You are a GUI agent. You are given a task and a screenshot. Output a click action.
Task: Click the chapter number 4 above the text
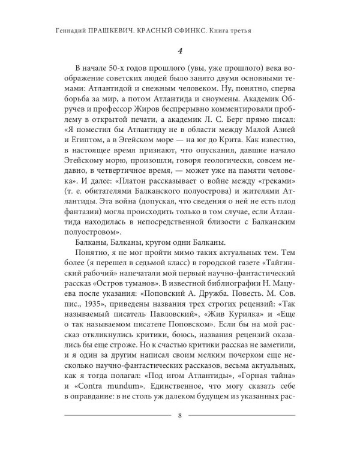tap(179, 52)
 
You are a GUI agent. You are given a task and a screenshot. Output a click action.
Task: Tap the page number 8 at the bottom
tap(180, 432)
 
